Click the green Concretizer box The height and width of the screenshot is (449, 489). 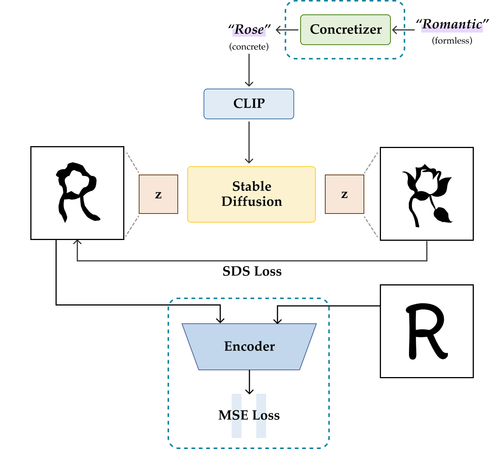click(345, 30)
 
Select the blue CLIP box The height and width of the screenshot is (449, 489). click(249, 104)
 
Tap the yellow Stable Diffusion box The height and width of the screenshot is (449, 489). click(251, 194)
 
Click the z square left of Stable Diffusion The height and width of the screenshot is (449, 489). click(158, 194)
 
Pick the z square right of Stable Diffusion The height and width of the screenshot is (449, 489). click(344, 194)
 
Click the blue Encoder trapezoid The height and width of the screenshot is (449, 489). click(249, 346)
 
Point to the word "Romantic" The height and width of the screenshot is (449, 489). click(452, 25)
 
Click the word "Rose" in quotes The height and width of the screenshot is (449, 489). click(249, 30)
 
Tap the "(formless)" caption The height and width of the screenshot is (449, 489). click(452, 41)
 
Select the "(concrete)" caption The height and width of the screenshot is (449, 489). click(249, 47)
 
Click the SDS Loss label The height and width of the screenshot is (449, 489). click(252, 271)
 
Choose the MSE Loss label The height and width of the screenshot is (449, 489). click(249, 415)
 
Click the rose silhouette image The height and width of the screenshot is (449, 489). click(426, 194)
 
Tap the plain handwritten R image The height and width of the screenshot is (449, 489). click(426, 331)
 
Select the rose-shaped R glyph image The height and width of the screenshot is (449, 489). click(77, 193)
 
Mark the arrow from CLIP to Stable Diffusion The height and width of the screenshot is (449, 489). click(249, 142)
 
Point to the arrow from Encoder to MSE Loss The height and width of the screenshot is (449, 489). click(249, 382)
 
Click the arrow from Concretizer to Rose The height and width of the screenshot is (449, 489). click(287, 30)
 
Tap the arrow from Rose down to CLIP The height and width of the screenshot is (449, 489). click(249, 70)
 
